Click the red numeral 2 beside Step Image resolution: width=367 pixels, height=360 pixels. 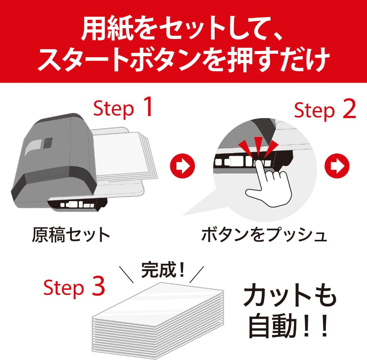click(349, 108)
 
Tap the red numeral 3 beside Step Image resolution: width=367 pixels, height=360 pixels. click(98, 285)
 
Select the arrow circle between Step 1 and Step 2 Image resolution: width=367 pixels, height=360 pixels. click(182, 166)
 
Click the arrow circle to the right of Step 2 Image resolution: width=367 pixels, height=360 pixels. click(337, 166)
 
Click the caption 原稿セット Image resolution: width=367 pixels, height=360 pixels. click(71, 235)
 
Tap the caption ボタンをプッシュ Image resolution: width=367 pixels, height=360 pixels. click(264, 235)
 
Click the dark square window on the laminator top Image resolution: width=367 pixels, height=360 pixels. click(48, 143)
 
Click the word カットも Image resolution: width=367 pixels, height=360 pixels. click(290, 295)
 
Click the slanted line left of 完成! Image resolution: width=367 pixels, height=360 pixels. click(126, 274)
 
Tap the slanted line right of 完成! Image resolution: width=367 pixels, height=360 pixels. click(197, 274)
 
